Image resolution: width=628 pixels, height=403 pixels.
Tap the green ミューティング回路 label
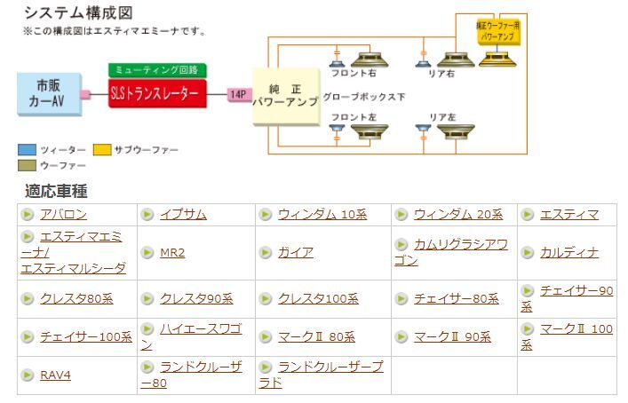pos(157,69)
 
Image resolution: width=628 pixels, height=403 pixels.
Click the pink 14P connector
pos(238,94)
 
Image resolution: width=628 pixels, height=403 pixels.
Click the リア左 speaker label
pos(441,117)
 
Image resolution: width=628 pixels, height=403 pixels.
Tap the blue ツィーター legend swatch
pos(27,150)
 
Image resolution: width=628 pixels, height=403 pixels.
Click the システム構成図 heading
pos(78,12)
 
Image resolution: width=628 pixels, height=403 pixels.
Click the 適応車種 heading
pos(57,191)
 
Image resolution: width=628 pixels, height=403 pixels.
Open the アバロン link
pos(63,215)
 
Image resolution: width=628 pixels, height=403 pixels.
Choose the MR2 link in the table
pos(172,253)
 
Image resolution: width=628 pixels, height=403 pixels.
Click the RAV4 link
pos(55,375)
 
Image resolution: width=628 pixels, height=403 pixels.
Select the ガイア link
pos(295,253)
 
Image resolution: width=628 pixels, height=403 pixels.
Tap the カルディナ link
pos(569,253)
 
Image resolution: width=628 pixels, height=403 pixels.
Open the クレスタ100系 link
pos(318,299)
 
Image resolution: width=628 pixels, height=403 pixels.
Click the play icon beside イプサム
pos(148,215)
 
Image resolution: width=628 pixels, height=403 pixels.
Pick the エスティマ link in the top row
pos(569,215)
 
